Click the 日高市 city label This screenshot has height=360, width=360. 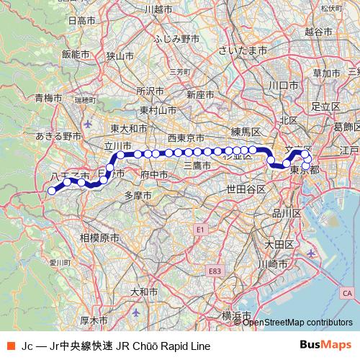[x=81, y=22]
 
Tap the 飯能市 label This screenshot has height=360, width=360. [x=75, y=54]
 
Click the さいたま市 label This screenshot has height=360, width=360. [x=243, y=51]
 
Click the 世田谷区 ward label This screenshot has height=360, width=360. [x=246, y=189]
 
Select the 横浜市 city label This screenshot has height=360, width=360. [x=235, y=316]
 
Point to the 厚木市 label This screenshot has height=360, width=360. [x=94, y=320]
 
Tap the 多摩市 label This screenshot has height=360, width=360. [x=138, y=195]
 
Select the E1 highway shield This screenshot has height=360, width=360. [x=201, y=230]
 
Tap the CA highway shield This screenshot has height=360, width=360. [x=347, y=293]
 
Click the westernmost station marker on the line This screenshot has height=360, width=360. [x=52, y=191]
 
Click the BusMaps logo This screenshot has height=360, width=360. [x=325, y=346]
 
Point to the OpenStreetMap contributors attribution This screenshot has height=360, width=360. [x=298, y=322]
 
